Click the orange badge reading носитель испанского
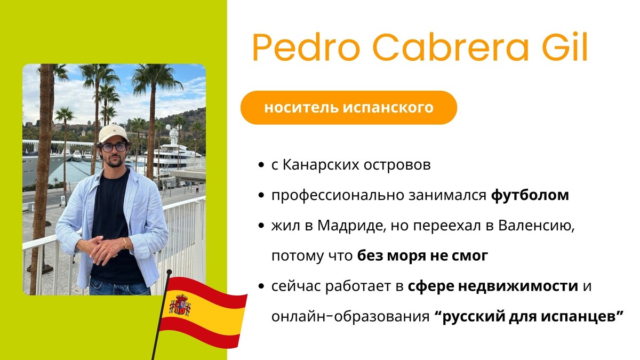[x=349, y=107]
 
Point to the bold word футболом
[x=530, y=195]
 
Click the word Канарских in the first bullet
[x=321, y=165]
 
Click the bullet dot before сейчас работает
[x=261, y=286]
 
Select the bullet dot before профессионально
[x=261, y=195]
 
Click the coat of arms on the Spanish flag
[x=180, y=305]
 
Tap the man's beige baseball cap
[x=113, y=133]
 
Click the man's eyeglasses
[x=114, y=147]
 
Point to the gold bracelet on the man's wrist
[x=125, y=243]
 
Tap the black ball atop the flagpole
[x=169, y=271]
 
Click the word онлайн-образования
[x=350, y=317]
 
